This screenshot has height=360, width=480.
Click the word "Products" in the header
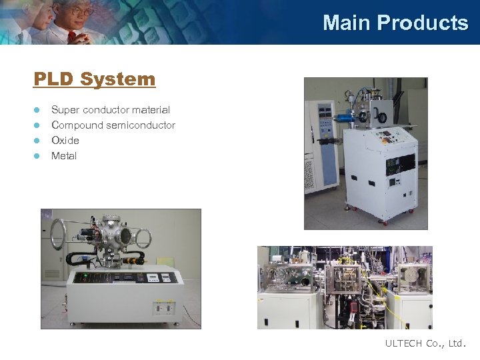[423, 23]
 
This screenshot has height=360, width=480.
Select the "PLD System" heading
[94, 79]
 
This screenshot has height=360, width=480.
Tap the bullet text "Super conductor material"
[111, 110]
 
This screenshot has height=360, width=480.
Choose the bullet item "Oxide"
[65, 141]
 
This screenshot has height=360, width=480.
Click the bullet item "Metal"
[64, 156]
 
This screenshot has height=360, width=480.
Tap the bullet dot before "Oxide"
[37, 141]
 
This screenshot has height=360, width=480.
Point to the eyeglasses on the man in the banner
[81, 12]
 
